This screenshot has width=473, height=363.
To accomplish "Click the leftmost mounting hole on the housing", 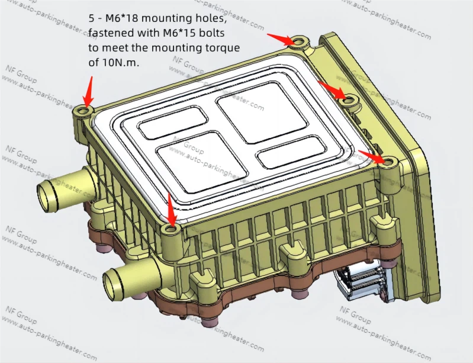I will tap(83, 111).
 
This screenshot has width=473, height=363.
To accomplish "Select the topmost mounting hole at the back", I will tap(299, 41).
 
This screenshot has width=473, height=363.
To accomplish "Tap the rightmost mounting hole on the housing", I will tap(389, 161).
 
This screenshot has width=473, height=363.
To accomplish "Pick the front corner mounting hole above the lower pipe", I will tap(172, 229).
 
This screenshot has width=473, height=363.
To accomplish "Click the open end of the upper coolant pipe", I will tap(46, 192).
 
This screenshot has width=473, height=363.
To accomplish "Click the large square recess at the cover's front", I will tap(189, 159).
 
